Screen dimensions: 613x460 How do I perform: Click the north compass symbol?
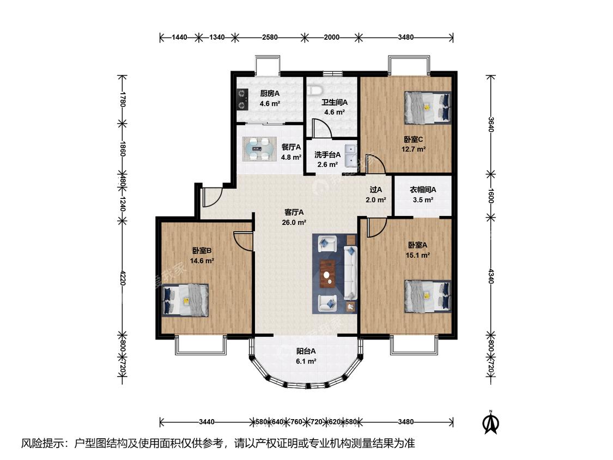point(490,422)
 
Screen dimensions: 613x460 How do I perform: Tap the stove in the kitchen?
point(243,99)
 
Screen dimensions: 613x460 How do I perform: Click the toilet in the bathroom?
point(314,90)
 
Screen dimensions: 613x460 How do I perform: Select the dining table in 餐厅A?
point(259,149)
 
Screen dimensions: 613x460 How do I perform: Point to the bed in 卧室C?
point(427,107)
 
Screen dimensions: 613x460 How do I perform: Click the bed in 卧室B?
point(185,300)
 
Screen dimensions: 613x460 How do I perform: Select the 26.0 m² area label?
point(294,222)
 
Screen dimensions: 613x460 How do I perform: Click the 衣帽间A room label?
point(423,190)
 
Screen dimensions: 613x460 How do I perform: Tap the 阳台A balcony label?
point(306,351)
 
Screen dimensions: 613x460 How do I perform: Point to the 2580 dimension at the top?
point(270,38)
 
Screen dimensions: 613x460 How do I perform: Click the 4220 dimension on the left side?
point(123,277)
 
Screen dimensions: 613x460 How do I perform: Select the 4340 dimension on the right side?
point(491,276)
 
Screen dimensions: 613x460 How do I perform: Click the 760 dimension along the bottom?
point(296,422)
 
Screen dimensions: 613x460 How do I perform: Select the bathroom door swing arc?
point(321,128)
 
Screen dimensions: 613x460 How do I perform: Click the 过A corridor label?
point(376,190)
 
